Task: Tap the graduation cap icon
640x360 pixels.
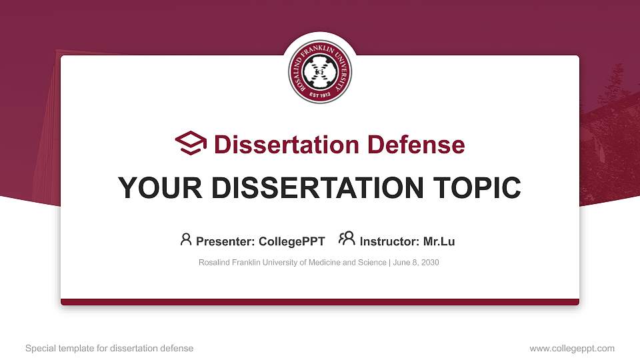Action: [x=191, y=144]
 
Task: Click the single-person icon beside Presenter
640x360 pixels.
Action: [x=186, y=239]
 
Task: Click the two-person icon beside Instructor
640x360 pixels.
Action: [x=347, y=239]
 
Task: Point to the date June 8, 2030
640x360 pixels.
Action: [x=416, y=263]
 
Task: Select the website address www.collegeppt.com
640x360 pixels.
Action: [x=572, y=349]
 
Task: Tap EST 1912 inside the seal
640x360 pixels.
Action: [x=320, y=94]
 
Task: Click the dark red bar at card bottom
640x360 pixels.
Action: [x=320, y=302]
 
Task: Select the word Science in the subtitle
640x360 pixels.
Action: [x=370, y=263]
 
